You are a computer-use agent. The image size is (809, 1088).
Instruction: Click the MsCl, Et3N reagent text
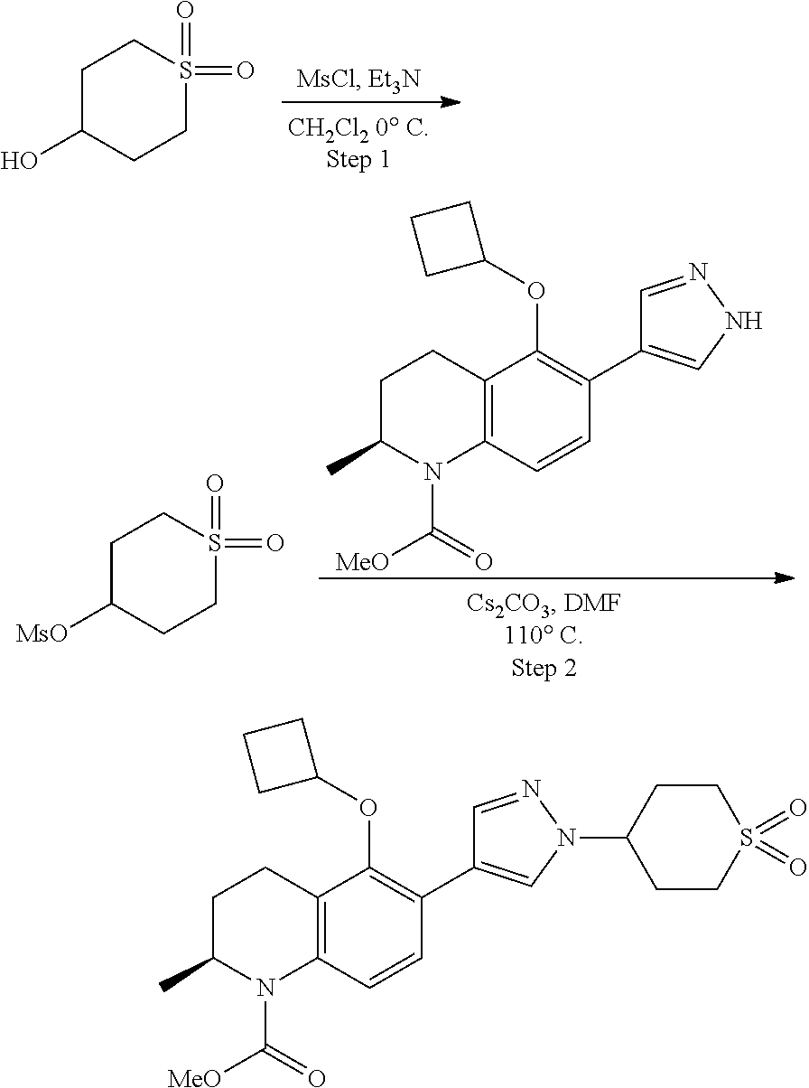[358, 81]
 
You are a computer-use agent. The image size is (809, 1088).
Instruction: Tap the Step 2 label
[544, 670]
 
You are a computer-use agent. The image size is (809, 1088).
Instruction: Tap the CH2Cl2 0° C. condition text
[358, 129]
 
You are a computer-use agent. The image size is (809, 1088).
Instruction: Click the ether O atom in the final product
[367, 803]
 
